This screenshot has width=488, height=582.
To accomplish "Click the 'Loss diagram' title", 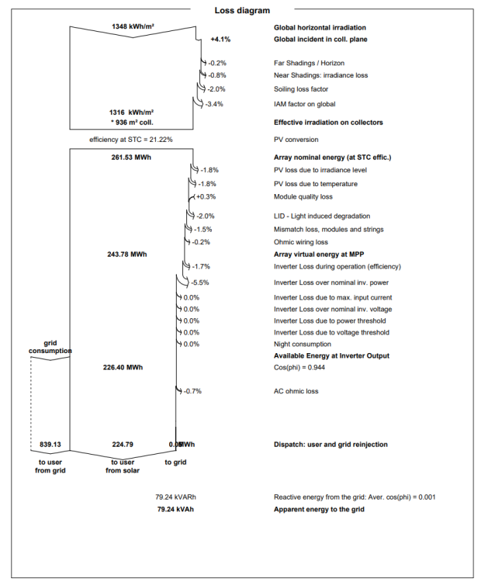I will tap(242, 11).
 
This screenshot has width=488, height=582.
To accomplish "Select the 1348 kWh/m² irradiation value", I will tap(132, 26).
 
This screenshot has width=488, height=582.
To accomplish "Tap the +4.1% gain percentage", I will tap(220, 39).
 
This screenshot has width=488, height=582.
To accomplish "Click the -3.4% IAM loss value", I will tap(216, 104).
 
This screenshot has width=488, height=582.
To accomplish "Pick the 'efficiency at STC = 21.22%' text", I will tap(131, 140).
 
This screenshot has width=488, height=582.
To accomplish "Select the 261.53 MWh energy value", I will tap(131, 158).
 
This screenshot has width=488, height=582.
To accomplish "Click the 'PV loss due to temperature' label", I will tap(315, 184).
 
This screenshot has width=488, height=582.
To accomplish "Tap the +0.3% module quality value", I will tap(205, 197).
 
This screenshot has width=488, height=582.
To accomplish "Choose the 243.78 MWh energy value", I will tap(126, 254).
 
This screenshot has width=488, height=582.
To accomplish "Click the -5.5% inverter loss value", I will tap(200, 282).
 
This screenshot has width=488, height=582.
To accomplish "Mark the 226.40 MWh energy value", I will tap(123, 367).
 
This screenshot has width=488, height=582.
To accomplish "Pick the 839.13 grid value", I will tap(50, 445).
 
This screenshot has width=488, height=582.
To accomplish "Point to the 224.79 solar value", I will tap(123, 445).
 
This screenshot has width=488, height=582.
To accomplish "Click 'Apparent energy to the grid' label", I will tap(319, 510).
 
